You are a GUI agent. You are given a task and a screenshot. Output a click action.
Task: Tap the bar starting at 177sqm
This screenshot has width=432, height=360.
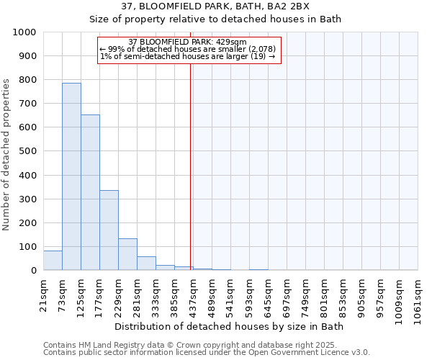pyautogui.click(x=109, y=230)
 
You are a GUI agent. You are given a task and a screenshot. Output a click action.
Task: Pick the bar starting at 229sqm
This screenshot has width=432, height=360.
pyautogui.click(x=127, y=254)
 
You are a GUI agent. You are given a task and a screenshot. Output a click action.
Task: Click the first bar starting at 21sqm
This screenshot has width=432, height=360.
pyautogui.click(x=53, y=261)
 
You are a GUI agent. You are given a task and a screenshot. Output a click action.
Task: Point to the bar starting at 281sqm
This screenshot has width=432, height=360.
pyautogui.click(x=146, y=264)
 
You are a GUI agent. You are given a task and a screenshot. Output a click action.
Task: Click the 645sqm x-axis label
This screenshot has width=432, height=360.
pyautogui.click(x=268, y=293)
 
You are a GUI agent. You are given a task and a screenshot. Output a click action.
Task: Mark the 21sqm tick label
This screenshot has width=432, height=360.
pyautogui.click(x=43, y=291)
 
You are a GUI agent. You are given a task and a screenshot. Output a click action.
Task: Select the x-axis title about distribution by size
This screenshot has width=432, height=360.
pyautogui.click(x=230, y=326)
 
